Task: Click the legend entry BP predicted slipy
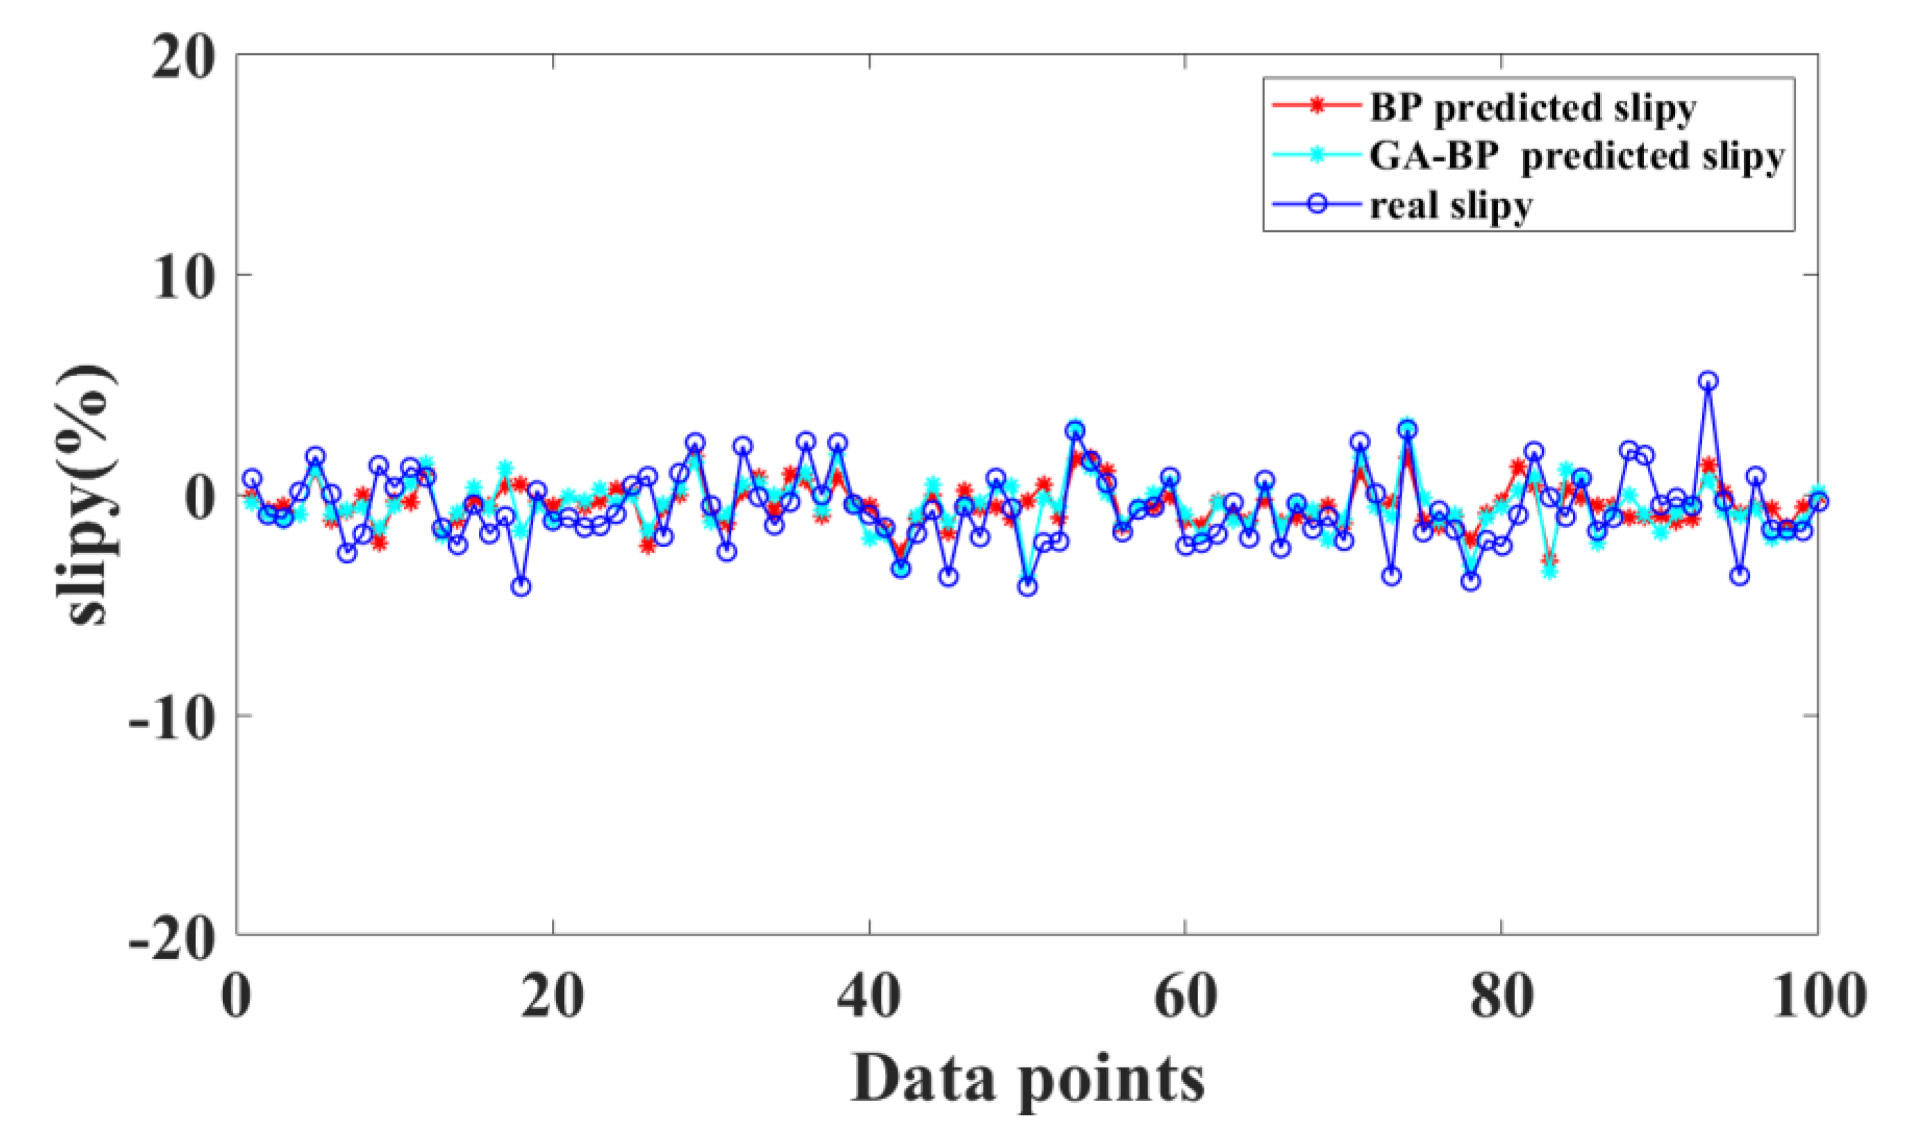tap(1531, 108)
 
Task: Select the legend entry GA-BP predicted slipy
tap(1576, 157)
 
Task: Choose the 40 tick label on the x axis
tap(868, 996)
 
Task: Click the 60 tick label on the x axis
tap(1185, 996)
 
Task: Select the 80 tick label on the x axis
tap(1502, 996)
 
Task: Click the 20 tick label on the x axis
tap(553, 996)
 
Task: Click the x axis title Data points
tap(1027, 1079)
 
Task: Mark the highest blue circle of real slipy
tap(1709, 380)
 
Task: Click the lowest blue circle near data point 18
tap(522, 586)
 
